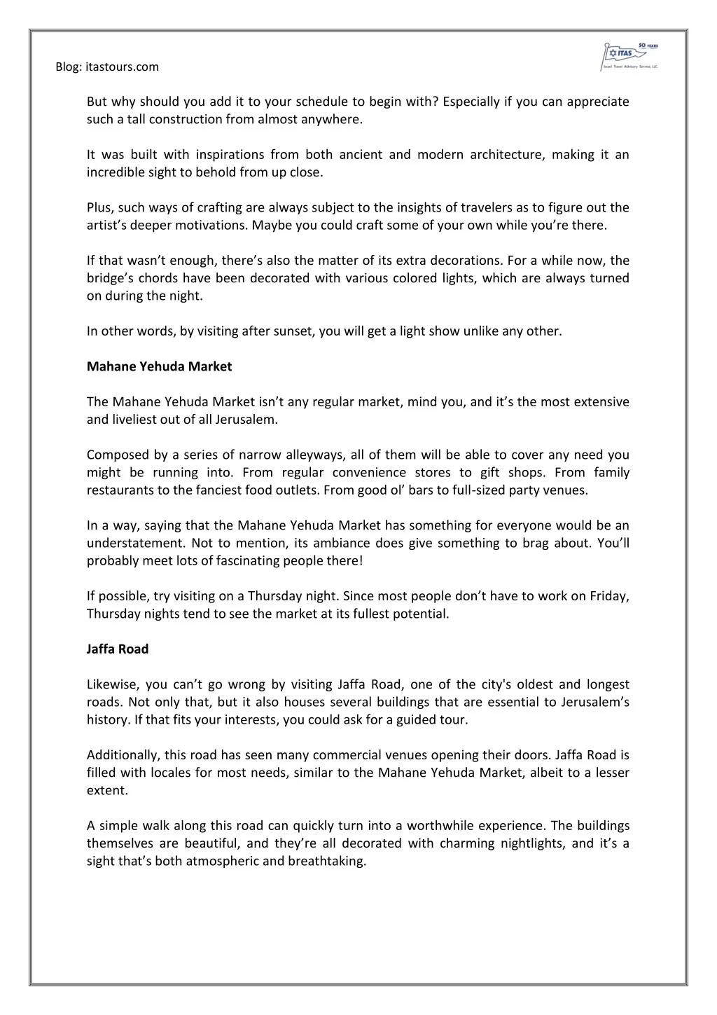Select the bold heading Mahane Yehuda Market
159,366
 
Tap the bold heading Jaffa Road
118,649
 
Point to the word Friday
609,596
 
